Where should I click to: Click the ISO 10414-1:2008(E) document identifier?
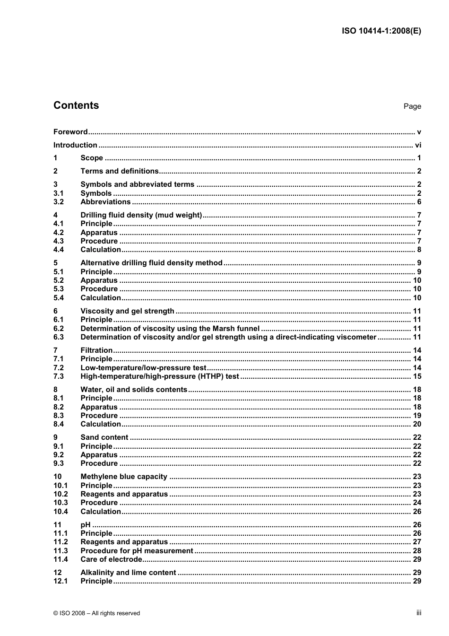[x=381, y=31]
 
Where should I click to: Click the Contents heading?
[x=76, y=105]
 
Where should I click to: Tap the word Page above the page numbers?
[x=412, y=106]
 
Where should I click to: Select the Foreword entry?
[x=70, y=132]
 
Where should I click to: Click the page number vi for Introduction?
[x=418, y=145]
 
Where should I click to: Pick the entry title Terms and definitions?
[x=120, y=171]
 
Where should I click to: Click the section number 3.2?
[x=59, y=202]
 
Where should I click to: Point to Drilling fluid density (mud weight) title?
[x=141, y=215]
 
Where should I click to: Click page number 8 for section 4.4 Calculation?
[x=419, y=250]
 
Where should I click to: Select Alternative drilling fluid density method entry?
[x=151, y=263]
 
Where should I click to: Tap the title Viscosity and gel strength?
[x=127, y=311]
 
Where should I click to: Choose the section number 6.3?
[x=59, y=337]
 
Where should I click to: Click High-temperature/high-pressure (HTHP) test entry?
[x=160, y=376]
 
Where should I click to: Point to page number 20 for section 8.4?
[x=417, y=424]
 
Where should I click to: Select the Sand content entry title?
[x=104, y=437]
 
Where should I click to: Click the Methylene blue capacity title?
[x=124, y=477]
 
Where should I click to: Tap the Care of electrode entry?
[x=111, y=559]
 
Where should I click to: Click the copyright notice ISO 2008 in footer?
[x=96, y=613]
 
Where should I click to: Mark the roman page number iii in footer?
[x=419, y=613]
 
